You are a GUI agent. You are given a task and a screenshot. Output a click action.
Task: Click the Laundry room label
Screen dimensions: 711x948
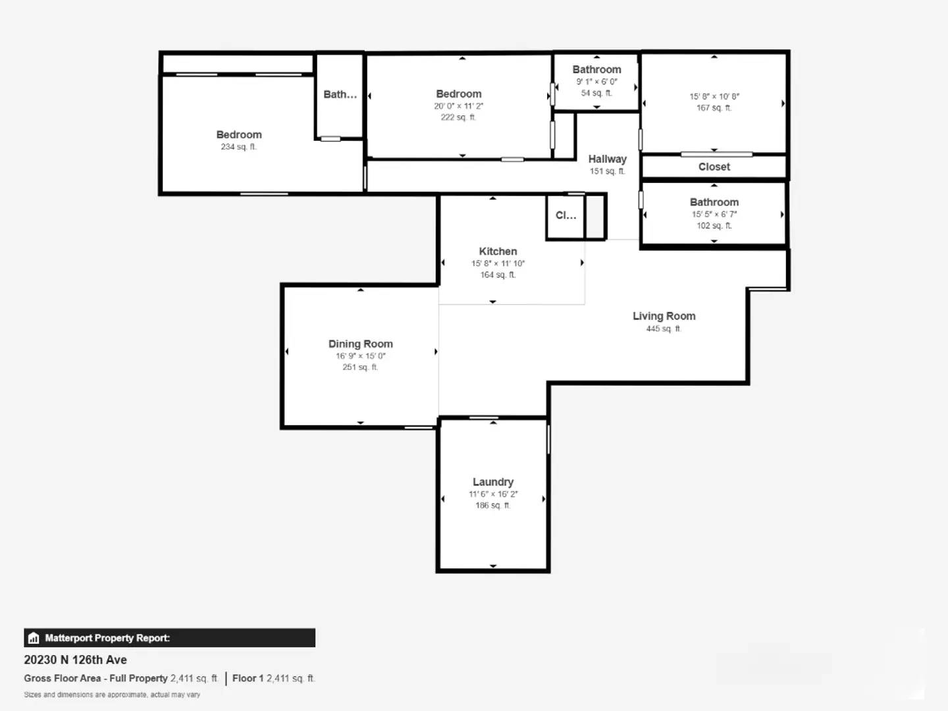pos(493,482)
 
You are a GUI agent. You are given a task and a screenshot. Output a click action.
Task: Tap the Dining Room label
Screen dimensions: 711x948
pos(361,344)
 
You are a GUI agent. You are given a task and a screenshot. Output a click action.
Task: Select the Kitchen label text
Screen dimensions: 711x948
pos(498,251)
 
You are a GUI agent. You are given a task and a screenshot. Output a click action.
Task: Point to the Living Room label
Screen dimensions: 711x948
pos(664,316)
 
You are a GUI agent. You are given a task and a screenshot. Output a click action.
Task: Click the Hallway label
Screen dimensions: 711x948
pos(607,159)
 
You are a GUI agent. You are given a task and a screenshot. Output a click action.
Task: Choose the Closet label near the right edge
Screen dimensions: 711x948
pos(714,167)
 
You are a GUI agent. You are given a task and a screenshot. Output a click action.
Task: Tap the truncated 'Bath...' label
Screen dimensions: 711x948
pos(340,95)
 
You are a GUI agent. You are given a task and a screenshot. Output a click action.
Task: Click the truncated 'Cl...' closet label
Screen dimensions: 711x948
pos(566,215)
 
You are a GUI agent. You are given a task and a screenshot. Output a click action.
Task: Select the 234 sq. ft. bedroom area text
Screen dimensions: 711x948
pos(238,147)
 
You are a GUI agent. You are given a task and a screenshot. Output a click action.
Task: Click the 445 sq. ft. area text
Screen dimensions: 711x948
pos(664,329)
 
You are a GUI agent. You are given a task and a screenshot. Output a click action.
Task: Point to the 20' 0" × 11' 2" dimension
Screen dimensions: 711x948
pos(459,106)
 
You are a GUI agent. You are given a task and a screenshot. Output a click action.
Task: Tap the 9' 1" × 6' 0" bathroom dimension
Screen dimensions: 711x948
pos(597,82)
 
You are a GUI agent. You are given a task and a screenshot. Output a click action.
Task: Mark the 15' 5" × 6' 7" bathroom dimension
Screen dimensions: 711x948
pos(714,214)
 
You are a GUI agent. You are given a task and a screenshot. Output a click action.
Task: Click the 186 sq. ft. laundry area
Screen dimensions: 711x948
pos(493,506)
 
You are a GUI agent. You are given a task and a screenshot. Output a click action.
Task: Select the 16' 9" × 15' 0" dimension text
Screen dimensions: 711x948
pos(361,356)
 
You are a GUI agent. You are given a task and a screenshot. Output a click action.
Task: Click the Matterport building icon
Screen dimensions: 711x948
pos(34,638)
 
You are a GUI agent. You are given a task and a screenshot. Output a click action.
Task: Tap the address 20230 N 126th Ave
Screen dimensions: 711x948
pos(76,660)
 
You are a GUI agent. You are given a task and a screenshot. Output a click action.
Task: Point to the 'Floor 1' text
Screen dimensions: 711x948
pos(248,678)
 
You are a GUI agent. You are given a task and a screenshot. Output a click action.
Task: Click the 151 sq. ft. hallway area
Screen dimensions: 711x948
pos(607,171)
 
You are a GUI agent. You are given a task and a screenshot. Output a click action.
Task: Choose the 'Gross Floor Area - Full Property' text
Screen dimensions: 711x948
pos(96,678)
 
